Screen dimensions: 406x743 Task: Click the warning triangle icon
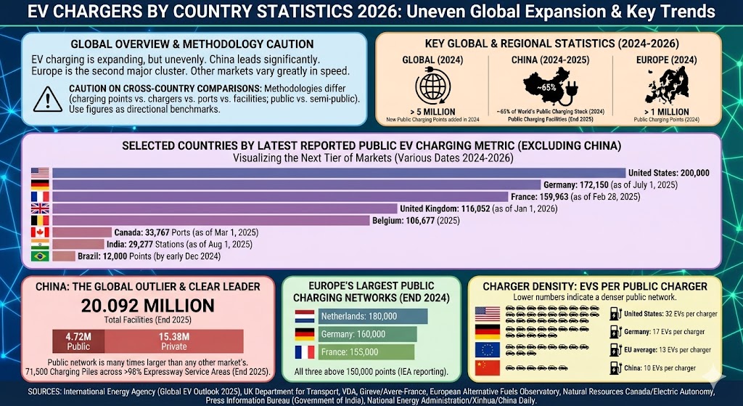click(49, 97)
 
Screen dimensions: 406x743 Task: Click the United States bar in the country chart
click(338, 173)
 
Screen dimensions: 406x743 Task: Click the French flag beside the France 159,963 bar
click(39, 197)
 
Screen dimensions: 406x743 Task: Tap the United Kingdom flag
click(39, 208)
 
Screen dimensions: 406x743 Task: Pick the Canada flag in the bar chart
click(39, 232)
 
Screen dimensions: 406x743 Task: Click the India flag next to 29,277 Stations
click(39, 244)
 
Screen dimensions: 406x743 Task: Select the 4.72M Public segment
click(78, 341)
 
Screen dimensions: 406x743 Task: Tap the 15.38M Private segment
click(173, 341)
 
